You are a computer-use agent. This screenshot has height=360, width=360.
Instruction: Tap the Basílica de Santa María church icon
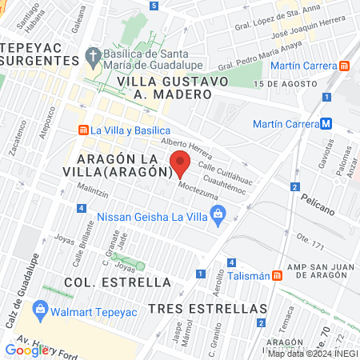click(x=92, y=58)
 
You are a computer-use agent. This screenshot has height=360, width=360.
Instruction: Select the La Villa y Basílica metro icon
click(x=82, y=130)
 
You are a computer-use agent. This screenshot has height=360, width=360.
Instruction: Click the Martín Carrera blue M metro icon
click(x=326, y=124)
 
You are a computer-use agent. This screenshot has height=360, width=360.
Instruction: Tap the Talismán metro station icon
click(x=277, y=274)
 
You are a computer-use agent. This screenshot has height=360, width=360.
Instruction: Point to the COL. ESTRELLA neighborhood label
click(x=107, y=282)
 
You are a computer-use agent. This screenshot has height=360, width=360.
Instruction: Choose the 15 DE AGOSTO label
click(x=281, y=84)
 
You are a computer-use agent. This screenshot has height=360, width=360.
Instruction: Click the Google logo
click(x=26, y=349)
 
